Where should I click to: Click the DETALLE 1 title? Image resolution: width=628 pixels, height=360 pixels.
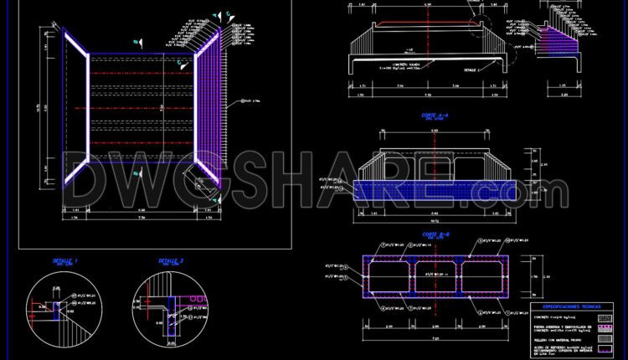coord(65,261)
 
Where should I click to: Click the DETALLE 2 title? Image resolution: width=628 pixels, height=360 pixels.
coord(171,261)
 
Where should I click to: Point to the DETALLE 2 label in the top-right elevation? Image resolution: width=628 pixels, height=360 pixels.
coord(473,69)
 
